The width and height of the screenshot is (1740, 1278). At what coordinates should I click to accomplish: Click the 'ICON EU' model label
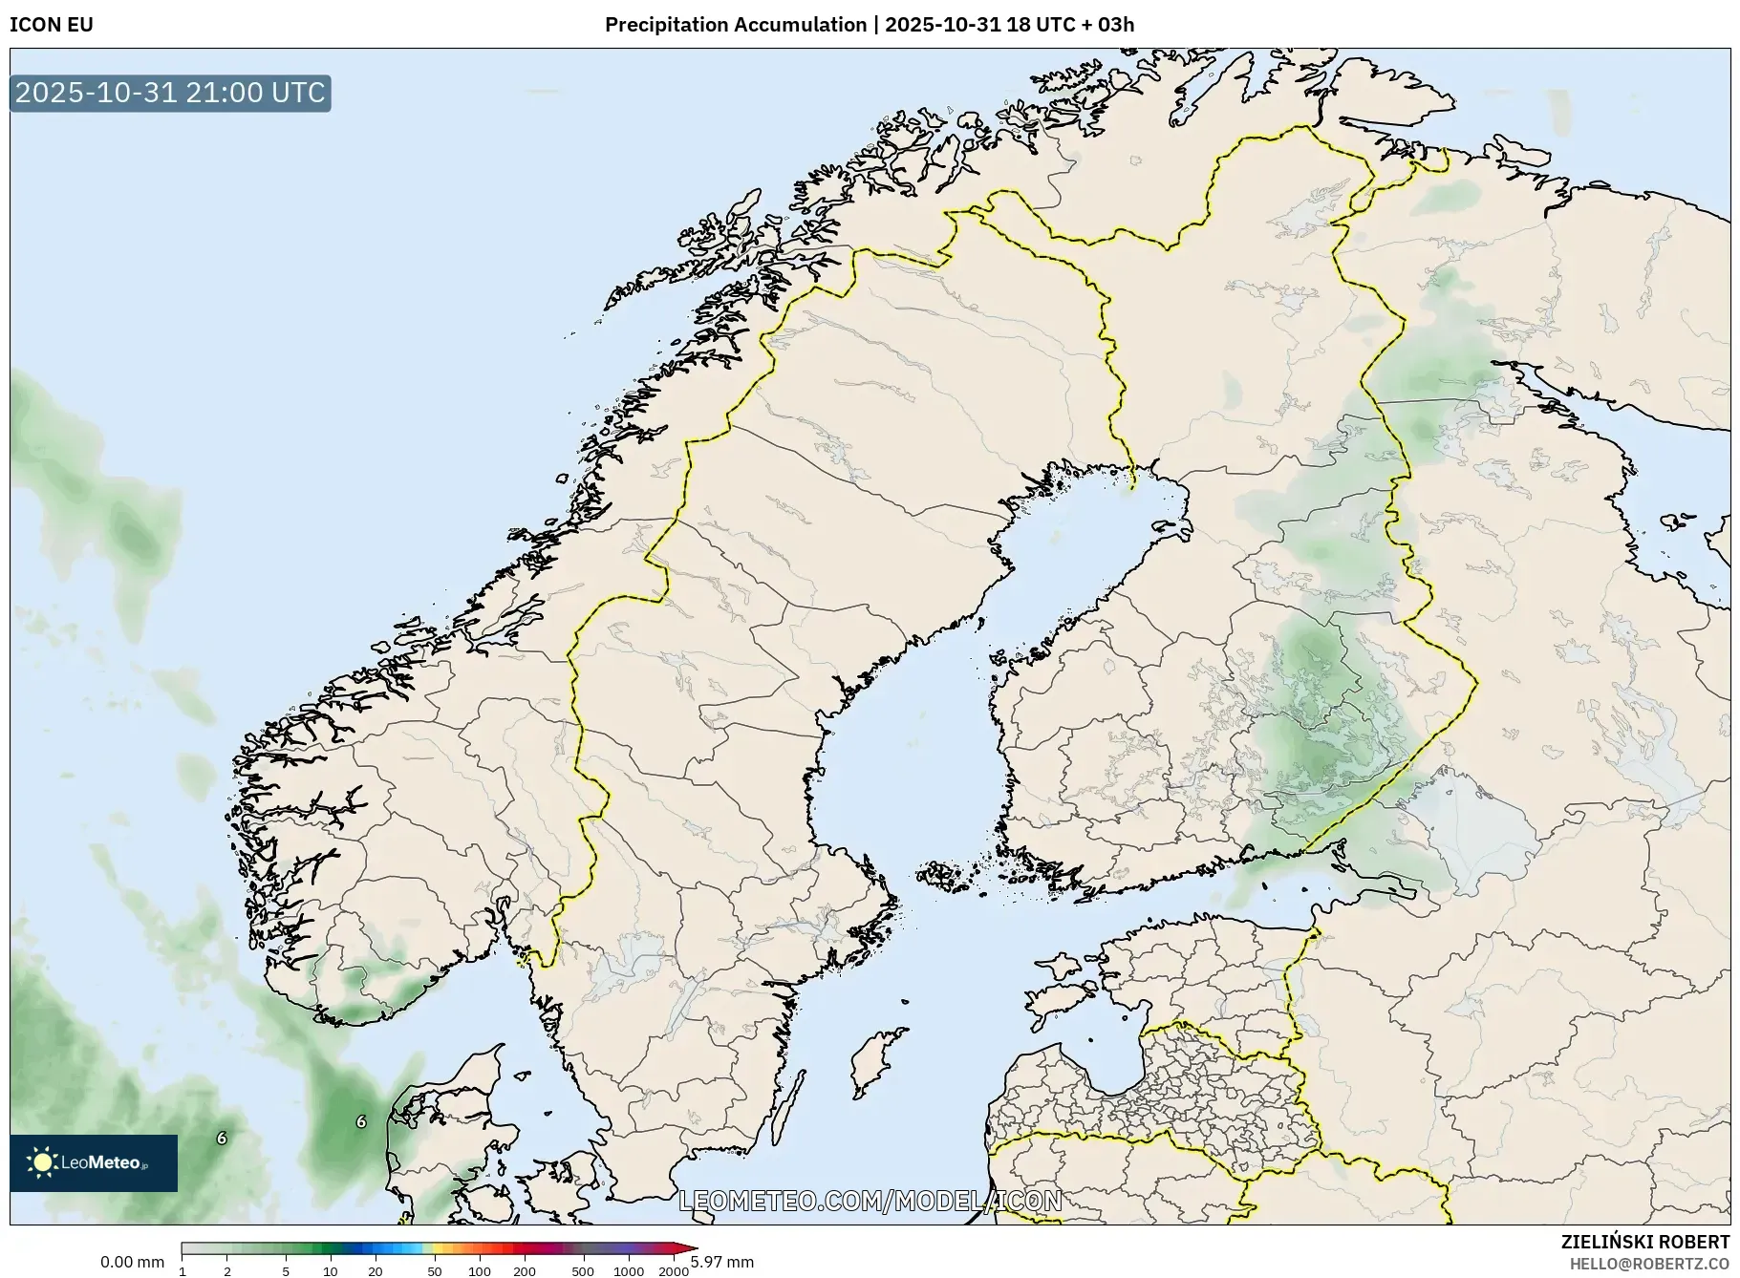click(52, 25)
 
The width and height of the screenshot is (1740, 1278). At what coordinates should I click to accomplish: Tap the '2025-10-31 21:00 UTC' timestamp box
click(170, 93)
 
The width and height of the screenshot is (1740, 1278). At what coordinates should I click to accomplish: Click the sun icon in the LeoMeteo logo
click(42, 1162)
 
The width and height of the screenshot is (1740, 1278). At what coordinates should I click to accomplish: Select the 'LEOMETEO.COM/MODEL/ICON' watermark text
click(870, 1201)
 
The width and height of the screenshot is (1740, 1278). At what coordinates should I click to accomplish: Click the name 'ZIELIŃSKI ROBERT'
click(1644, 1242)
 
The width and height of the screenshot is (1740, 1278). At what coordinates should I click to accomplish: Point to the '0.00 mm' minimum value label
click(132, 1262)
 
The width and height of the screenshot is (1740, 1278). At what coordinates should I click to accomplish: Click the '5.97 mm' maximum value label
click(722, 1262)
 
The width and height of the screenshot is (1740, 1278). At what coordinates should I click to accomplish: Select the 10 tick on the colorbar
click(330, 1271)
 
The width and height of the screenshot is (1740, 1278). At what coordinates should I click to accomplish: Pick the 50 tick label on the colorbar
click(435, 1271)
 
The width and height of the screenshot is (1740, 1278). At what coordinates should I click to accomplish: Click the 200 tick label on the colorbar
click(524, 1271)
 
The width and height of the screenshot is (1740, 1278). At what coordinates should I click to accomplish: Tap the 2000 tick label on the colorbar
click(674, 1271)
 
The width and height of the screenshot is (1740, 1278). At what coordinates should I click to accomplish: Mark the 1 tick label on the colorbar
click(182, 1271)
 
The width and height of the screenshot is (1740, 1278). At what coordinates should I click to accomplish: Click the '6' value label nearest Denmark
click(360, 1121)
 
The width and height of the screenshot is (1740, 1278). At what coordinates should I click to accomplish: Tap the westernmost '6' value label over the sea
click(222, 1138)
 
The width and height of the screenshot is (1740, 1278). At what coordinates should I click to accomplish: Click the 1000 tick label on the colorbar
click(628, 1271)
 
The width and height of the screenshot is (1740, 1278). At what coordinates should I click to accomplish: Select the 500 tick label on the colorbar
click(583, 1271)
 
